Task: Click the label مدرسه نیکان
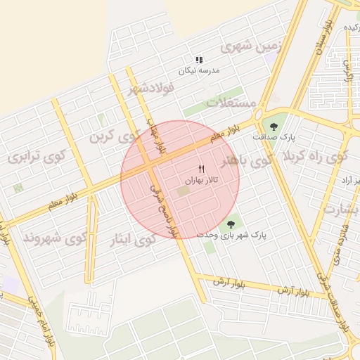199,71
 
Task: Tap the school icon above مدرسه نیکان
199,60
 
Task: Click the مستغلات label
232,103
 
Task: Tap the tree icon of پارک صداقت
274,126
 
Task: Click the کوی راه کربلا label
316,158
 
